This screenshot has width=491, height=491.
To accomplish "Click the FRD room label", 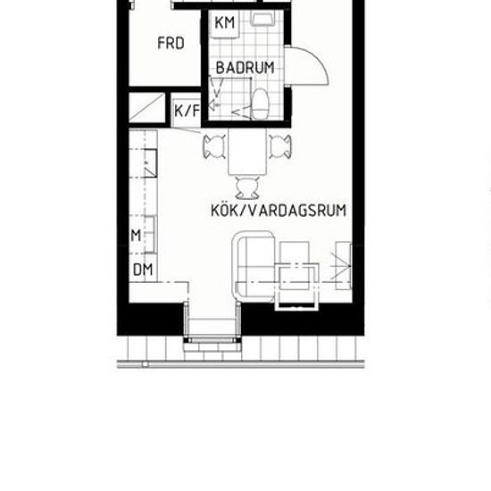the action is coord(171,43).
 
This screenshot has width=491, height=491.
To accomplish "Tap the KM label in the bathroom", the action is coord(225,22).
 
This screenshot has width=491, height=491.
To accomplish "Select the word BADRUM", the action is coord(245,68).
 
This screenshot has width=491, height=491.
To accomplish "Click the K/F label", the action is coord(187,111).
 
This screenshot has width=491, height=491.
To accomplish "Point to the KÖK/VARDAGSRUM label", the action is coord(279,210).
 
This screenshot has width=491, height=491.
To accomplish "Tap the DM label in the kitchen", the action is coord(143,270).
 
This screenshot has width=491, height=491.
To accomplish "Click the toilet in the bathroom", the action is coord(260,104).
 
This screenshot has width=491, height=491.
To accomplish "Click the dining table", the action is coord(247,152).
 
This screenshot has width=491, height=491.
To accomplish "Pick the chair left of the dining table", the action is coord(214,146).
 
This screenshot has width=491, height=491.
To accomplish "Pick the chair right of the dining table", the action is coord(280,146).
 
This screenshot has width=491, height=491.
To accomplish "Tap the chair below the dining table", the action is coord(247,187).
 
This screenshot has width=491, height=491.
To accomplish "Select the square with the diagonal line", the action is coord(147,108).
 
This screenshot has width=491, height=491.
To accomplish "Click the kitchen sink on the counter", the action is coord(151,163).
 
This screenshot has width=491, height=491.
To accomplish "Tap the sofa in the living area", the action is coord(254,267).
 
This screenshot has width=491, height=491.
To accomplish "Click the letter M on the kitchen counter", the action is coord(137,236).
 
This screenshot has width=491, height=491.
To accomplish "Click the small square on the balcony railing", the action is coord(145,364).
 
